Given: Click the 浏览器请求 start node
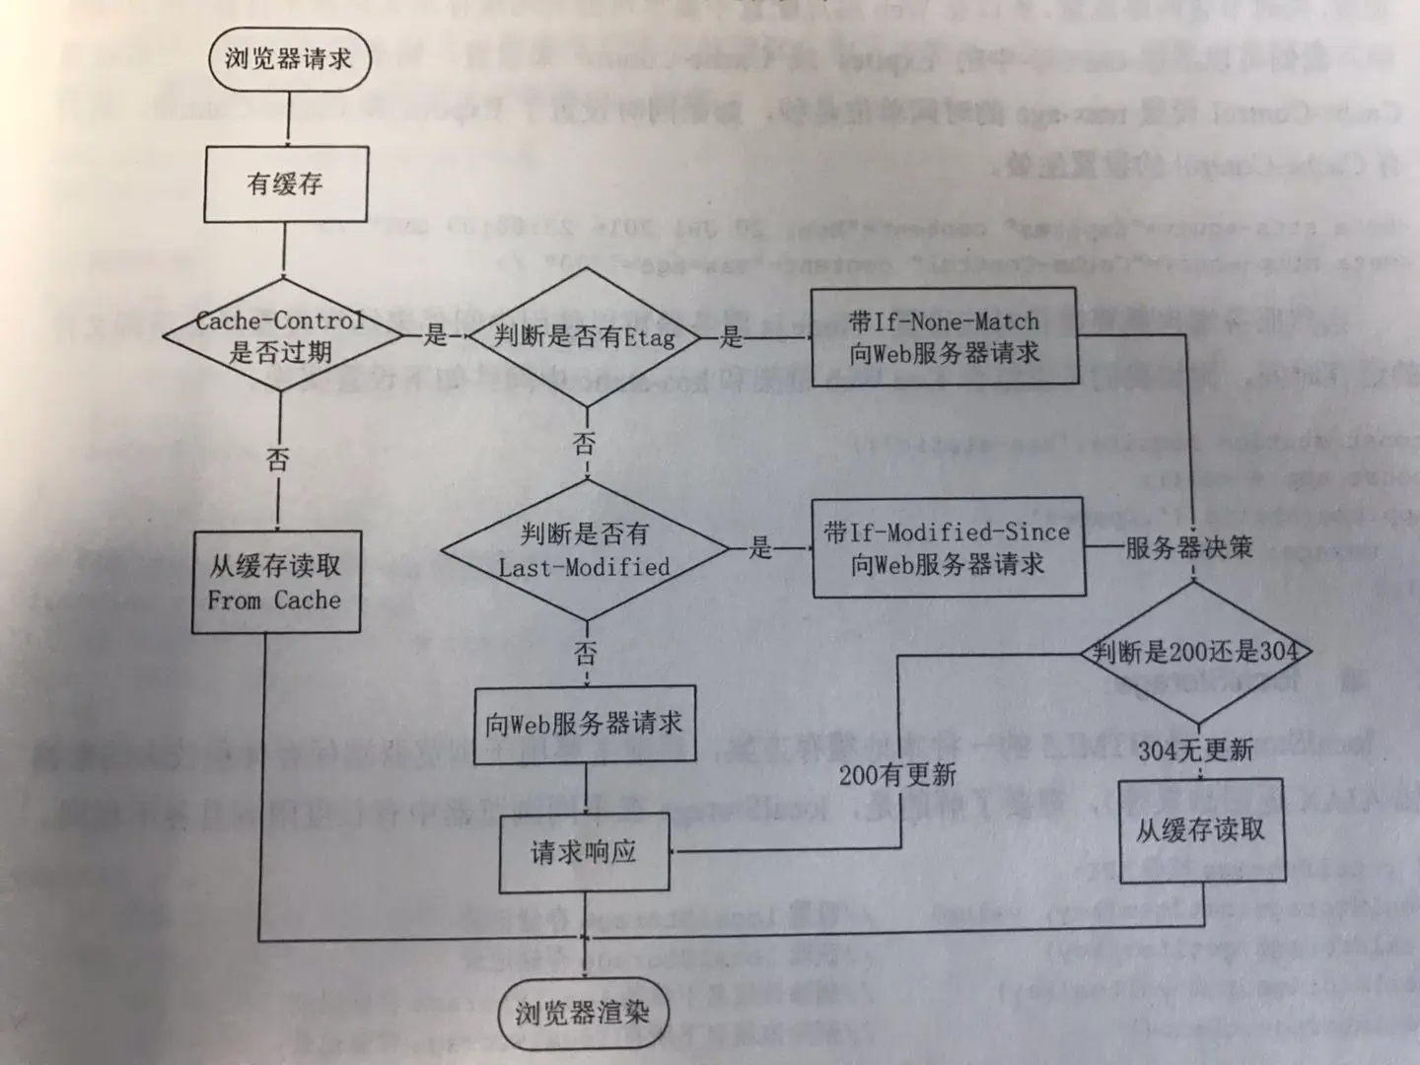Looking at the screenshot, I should pyautogui.click(x=287, y=59).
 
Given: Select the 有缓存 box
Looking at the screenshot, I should pyautogui.click(x=286, y=183).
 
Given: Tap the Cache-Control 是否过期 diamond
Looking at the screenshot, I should pyautogui.click(x=281, y=336).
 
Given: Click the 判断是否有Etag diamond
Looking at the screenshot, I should pyautogui.click(x=586, y=336).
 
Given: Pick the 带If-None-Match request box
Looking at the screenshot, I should pyautogui.click(x=944, y=336).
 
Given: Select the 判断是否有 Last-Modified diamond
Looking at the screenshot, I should pyautogui.click(x=585, y=550).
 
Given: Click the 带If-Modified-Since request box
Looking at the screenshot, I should pyautogui.click(x=948, y=547).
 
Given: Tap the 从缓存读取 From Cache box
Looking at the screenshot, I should pyautogui.click(x=276, y=582).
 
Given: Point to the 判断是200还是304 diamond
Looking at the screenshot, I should pyautogui.click(x=1195, y=652).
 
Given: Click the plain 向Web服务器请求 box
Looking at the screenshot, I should pyautogui.click(x=585, y=724).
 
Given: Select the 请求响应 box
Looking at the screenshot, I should pyautogui.click(x=584, y=852).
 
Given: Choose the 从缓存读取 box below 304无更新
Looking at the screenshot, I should pyautogui.click(x=1201, y=830).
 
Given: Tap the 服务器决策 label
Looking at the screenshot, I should pyautogui.click(x=1189, y=547).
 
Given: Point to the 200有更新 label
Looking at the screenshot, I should pyautogui.click(x=897, y=775).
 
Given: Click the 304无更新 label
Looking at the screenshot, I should pyautogui.click(x=1195, y=750).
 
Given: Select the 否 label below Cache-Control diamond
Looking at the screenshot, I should pyautogui.click(x=278, y=460).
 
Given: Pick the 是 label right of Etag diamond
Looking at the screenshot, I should pyautogui.click(x=731, y=337).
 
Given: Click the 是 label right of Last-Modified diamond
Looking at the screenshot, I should pyautogui.click(x=760, y=547).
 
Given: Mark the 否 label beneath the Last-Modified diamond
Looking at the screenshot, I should pyautogui.click(x=586, y=652).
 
